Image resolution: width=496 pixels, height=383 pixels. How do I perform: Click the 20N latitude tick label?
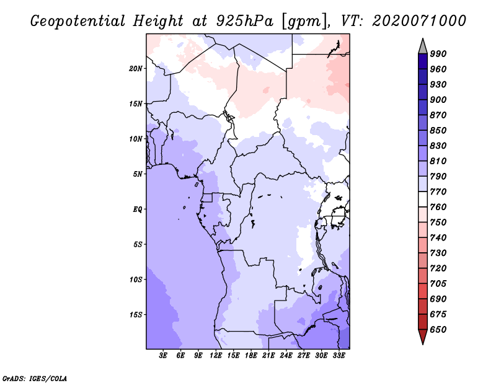pyautogui.click(x=136, y=68)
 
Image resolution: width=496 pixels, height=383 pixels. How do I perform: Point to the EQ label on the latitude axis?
pyautogui.click(x=138, y=209)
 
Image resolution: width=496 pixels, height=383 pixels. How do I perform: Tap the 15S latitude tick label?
pyautogui.click(x=136, y=315)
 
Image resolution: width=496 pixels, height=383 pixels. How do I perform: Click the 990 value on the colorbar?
pyautogui.click(x=438, y=54)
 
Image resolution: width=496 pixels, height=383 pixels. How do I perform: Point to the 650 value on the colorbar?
pyautogui.click(x=438, y=330)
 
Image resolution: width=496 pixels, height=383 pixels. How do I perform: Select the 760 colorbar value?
pyautogui.click(x=438, y=207)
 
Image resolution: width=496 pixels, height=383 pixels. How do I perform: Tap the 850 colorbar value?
pyautogui.click(x=438, y=131)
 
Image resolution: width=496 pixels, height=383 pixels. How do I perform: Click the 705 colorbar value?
pyautogui.click(x=438, y=284)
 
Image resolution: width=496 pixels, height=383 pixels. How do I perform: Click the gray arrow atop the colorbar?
pyautogui.click(x=423, y=45)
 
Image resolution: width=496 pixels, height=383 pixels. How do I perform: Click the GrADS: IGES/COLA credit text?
pyautogui.click(x=34, y=377)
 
